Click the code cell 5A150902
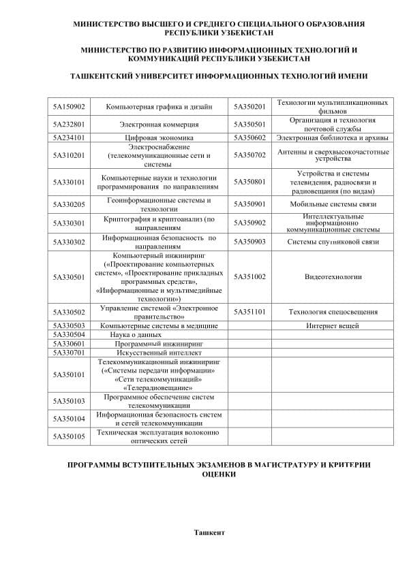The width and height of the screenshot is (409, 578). (69, 107)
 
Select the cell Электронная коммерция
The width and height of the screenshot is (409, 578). (159, 125)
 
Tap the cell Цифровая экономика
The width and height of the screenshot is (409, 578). (159, 138)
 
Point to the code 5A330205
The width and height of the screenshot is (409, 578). (69, 204)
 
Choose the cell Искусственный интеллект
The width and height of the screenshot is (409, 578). (159, 353)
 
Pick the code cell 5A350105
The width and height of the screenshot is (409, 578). (69, 436)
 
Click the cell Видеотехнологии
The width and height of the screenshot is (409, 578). (333, 277)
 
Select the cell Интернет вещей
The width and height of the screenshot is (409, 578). (333, 326)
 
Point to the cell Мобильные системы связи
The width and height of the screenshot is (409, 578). (333, 204)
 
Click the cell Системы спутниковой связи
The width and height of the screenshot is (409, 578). (333, 242)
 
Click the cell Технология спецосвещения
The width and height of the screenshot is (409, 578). (333, 312)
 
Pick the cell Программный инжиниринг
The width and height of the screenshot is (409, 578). (159, 344)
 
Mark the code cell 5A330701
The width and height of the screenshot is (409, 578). (69, 353)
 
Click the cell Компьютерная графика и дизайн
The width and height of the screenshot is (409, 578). (159, 107)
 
